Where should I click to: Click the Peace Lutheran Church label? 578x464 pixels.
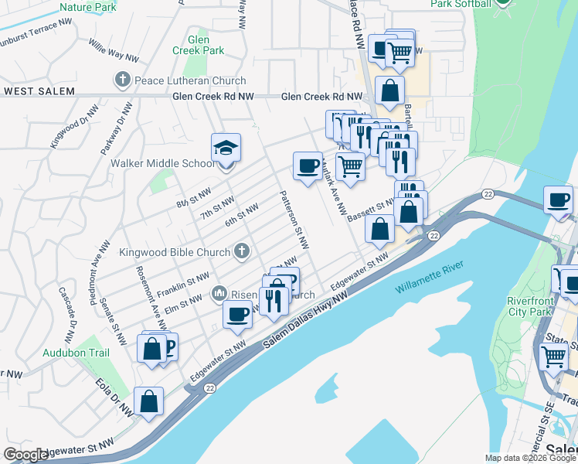pos(190,80)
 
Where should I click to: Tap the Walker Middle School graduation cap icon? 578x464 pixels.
pos(226,147)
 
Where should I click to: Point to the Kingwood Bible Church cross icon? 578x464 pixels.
pos(242,251)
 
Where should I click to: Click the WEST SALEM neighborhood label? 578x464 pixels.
pos(39,91)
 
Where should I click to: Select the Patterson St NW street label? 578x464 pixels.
pos(294,220)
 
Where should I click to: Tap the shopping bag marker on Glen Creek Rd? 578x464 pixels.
pos(389,90)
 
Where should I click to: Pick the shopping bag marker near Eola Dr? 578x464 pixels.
pos(148,401)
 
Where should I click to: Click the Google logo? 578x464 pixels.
pos(26,455)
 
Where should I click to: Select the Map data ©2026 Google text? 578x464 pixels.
pos(530,458)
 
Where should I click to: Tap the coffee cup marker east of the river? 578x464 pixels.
pos(558,201)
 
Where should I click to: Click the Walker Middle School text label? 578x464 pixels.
pos(163,163)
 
